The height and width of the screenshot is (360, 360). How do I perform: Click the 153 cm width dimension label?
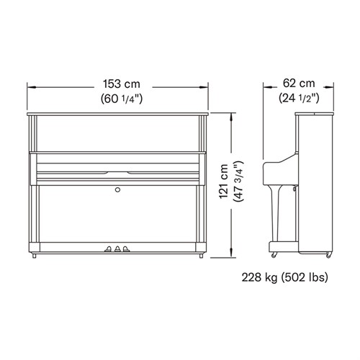point(122,84)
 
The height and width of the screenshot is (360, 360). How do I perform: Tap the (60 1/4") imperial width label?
point(122,99)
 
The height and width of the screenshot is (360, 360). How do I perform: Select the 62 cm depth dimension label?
point(299,84)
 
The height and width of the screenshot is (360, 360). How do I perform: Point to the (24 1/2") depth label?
point(299,98)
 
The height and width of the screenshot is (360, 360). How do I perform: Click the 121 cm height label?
point(224,181)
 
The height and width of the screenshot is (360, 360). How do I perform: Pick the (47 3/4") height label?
point(238,181)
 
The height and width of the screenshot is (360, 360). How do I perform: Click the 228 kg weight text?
point(259,278)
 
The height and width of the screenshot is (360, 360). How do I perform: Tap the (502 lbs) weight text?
point(304,278)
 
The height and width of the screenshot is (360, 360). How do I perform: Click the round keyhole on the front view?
point(117,190)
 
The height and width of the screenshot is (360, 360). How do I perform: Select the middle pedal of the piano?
point(117,249)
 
